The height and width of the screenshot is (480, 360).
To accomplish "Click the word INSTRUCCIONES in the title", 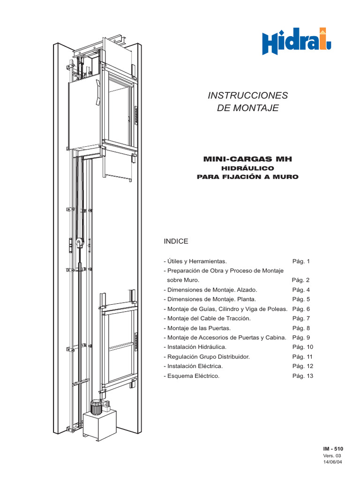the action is click(247, 96).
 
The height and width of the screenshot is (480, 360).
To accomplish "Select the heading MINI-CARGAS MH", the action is click(247, 159).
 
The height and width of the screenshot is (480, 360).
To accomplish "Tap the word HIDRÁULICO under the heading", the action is click(247, 168).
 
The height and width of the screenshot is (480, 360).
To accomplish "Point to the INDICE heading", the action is click(176, 241).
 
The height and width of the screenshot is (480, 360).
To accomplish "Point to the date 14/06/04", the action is click(333, 462).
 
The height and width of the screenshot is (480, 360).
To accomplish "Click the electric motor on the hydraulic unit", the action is click(97, 407).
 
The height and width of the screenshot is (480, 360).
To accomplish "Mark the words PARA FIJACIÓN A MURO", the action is click(247, 177).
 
